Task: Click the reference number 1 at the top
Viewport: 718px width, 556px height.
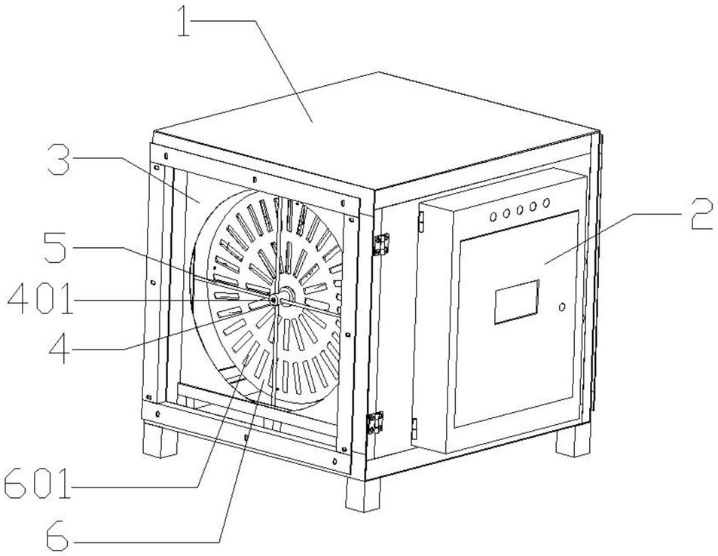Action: pyautogui.click(x=187, y=23)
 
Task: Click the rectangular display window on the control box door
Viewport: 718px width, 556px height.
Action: pyautogui.click(x=516, y=301)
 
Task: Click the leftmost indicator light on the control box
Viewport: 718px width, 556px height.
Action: pyautogui.click(x=493, y=216)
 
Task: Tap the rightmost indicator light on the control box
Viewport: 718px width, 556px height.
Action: pyautogui.click(x=546, y=203)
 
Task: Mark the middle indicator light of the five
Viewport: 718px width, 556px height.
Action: pyautogui.click(x=520, y=209)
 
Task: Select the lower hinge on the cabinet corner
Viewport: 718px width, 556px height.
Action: pyautogui.click(x=374, y=423)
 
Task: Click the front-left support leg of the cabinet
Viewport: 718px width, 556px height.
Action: pyautogui.click(x=159, y=438)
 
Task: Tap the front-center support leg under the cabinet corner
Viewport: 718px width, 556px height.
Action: pyautogui.click(x=363, y=494)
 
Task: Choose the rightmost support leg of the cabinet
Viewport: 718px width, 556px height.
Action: pyautogui.click(x=573, y=439)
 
